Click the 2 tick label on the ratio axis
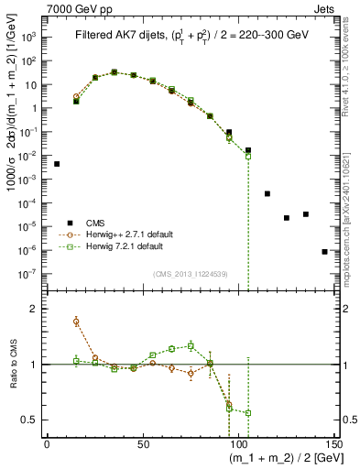35,310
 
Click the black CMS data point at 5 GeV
57,164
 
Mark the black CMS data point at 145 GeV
324,251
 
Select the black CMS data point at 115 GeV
267,194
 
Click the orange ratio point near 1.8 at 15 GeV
76,322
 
